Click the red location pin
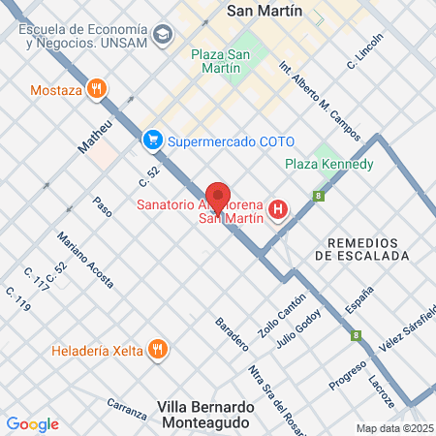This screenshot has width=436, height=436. click(x=218, y=197)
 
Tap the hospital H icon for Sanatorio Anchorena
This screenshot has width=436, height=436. click(x=279, y=208)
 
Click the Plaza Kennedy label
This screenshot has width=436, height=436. click(x=329, y=165)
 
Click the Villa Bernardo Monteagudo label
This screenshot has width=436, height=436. click(x=203, y=415)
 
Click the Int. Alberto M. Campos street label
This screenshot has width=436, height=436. click(x=319, y=100)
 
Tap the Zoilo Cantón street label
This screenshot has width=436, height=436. click(x=275, y=316)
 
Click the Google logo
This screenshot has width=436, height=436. click(x=32, y=424)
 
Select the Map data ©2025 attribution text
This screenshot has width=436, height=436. click(x=393, y=428)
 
